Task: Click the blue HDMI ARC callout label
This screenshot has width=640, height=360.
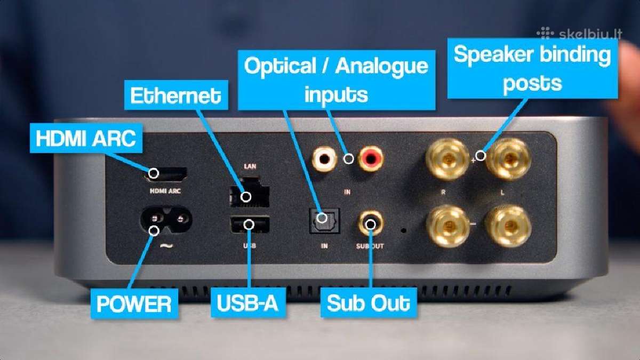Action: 86,138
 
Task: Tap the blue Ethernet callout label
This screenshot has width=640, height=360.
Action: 176,95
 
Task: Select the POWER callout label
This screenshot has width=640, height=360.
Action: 134,303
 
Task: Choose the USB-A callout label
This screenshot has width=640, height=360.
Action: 248,302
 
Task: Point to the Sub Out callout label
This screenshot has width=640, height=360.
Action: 369,302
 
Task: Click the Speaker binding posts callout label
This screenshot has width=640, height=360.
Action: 533,69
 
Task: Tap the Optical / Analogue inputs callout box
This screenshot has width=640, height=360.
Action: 337,80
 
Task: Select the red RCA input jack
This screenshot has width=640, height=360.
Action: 371,158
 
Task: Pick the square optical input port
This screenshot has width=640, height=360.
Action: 325,221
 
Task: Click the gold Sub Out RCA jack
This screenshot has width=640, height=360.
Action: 371,223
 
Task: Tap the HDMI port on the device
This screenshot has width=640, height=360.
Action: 165,175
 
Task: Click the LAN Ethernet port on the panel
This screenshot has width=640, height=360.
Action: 250,193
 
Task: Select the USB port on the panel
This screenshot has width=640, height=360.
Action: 250,225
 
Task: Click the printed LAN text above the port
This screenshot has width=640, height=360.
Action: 250,166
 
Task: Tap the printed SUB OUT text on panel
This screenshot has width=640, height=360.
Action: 370,246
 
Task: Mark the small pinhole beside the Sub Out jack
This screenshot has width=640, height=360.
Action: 404,230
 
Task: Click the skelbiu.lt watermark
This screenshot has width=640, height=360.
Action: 579,34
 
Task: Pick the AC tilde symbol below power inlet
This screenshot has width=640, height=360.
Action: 166,246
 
